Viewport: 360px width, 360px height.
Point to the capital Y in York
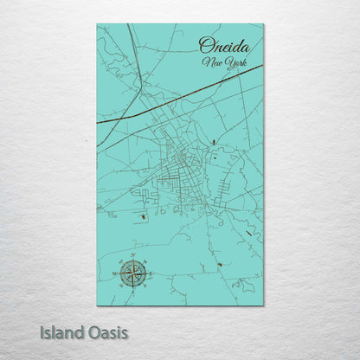[223, 62]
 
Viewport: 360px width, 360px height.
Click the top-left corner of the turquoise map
[98, 25]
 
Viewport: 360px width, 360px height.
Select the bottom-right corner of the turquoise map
[263, 304]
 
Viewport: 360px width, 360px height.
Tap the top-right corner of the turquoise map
[263, 25]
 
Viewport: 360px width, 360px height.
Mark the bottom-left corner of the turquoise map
[98, 304]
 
